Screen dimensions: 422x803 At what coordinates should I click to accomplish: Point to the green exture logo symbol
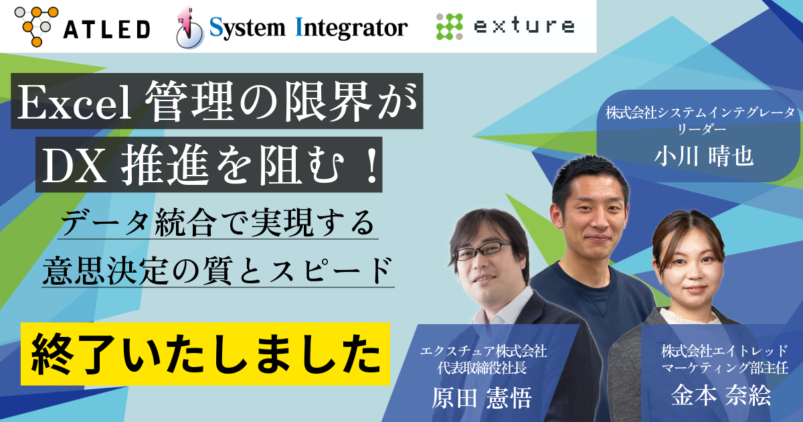pyautogui.click(x=449, y=26)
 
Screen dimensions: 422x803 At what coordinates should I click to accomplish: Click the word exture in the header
pyautogui.click(x=523, y=27)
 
